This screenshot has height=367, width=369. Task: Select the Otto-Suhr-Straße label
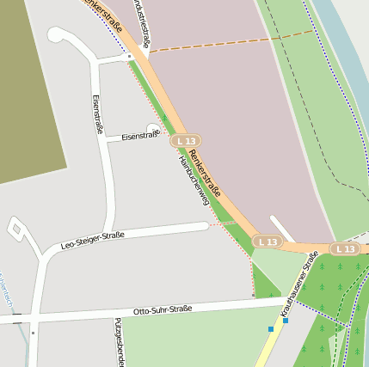(163, 309)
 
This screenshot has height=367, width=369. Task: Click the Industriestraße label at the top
(142, 23)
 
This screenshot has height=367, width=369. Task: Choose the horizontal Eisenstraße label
(140, 136)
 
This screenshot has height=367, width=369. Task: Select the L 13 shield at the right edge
(345, 248)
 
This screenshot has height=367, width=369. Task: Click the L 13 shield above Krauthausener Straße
(268, 242)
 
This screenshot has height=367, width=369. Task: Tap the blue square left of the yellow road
(271, 328)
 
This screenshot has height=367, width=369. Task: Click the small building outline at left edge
(16, 228)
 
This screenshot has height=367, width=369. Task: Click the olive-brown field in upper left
(26, 86)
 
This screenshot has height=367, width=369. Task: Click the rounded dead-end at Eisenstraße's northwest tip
(55, 35)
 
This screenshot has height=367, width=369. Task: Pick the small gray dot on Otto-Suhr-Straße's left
(33, 332)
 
